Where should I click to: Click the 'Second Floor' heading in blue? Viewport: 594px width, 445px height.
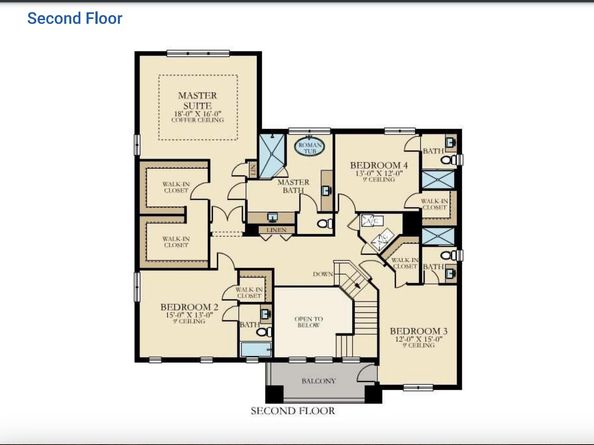pos(74,18)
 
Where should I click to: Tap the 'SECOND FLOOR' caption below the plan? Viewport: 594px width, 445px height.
pos(291,410)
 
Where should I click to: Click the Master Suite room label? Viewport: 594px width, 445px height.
pos(198,101)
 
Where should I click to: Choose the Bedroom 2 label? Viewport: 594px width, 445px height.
pos(189,307)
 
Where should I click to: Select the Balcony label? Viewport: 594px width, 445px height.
pos(318,381)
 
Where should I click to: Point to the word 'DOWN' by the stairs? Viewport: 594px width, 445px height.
pos(322,273)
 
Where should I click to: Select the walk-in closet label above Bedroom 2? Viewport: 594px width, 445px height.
pos(248,292)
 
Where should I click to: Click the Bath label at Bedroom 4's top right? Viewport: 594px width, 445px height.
pos(433,151)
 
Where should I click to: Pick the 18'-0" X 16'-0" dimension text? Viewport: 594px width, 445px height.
pos(198,115)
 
